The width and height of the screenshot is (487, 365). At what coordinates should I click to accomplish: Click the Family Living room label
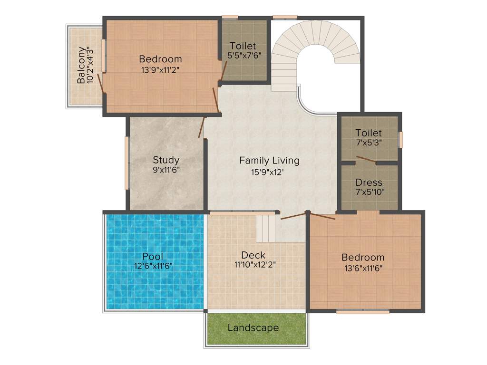(269, 161)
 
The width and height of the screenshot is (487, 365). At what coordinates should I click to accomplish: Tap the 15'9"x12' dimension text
(269, 172)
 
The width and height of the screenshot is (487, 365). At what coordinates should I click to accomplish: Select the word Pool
(153, 257)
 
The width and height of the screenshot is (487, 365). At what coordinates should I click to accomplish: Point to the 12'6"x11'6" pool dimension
(153, 267)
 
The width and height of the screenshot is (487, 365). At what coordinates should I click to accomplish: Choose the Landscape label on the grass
(253, 328)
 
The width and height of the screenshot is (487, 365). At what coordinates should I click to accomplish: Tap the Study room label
(166, 160)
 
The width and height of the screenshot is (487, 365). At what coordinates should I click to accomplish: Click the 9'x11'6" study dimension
(166, 169)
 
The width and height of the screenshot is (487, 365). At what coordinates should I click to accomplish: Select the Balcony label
(82, 65)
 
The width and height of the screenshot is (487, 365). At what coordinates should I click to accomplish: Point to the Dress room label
(369, 182)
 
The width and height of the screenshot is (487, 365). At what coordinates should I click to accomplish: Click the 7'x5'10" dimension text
(369, 192)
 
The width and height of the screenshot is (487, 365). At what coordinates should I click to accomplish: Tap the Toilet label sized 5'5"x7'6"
(243, 46)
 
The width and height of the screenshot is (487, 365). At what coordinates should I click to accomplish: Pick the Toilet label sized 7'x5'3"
(369, 133)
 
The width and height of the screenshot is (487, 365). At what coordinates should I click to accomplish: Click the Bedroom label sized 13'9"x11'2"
(160, 59)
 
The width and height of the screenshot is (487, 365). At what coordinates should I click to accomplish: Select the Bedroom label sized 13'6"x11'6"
(363, 257)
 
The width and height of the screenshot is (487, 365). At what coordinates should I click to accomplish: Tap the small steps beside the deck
(266, 228)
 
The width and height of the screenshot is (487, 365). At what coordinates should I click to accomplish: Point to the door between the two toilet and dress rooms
(366, 159)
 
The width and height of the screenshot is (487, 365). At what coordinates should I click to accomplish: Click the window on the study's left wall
(127, 163)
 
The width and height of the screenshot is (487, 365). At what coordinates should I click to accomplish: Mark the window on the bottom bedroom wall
(363, 312)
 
